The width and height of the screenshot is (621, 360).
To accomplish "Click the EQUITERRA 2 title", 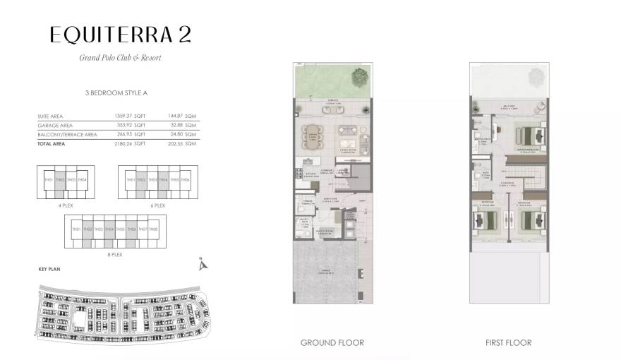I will click(x=120, y=35).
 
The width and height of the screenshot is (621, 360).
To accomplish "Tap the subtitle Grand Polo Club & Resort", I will click(x=120, y=57).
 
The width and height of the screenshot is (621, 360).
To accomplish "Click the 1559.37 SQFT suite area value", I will click(x=129, y=116).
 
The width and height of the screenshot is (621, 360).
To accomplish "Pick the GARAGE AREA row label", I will click(x=56, y=125).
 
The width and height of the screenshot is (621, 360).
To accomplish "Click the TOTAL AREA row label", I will click(x=53, y=143).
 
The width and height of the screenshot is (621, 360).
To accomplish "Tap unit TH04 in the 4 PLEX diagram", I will click(x=83, y=181).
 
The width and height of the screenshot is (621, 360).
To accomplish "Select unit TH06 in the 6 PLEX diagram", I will click(x=185, y=181).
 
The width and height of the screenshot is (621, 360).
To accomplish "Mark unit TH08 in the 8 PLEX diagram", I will click(x=153, y=229).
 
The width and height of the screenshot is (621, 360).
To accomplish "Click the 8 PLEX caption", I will click(x=115, y=255).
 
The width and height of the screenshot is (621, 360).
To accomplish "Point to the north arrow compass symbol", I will click(x=203, y=265).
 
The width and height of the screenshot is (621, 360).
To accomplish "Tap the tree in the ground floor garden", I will click(x=359, y=75).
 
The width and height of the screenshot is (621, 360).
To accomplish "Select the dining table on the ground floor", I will click(x=311, y=134).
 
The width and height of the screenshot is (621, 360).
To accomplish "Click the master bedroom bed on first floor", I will click(x=529, y=133).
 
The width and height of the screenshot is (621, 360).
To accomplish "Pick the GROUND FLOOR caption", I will click(x=332, y=343).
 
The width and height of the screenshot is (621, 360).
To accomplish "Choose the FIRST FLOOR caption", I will click(x=508, y=343).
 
